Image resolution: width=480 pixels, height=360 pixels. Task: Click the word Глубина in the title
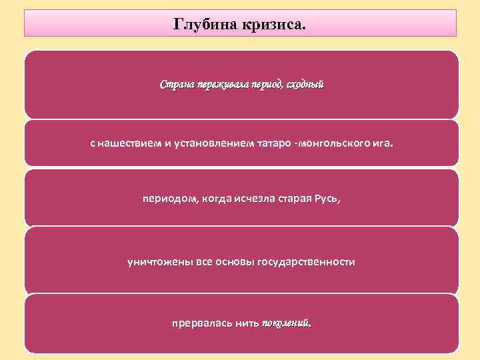(x=199, y=25)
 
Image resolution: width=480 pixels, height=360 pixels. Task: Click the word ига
(x=382, y=143)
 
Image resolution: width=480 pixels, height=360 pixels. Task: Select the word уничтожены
(x=160, y=262)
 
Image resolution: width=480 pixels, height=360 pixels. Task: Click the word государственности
(x=309, y=262)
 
